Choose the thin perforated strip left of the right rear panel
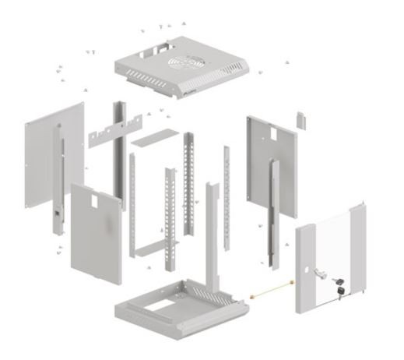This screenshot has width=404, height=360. pyautogui.click(x=226, y=195)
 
